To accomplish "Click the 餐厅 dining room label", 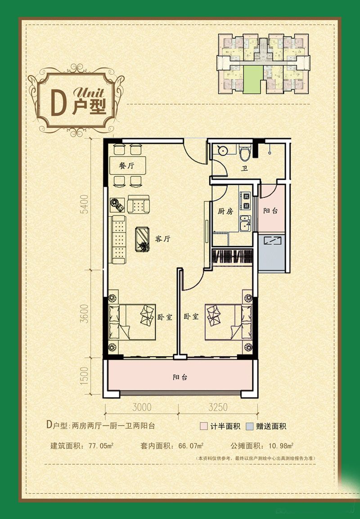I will [126, 166].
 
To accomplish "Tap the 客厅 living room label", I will [162, 239].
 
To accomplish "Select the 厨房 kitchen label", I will [225, 211].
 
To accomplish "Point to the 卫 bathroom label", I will [244, 169].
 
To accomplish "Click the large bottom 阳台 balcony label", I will [180, 377].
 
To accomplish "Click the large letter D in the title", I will [56, 105].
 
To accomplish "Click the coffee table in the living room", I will [144, 239].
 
